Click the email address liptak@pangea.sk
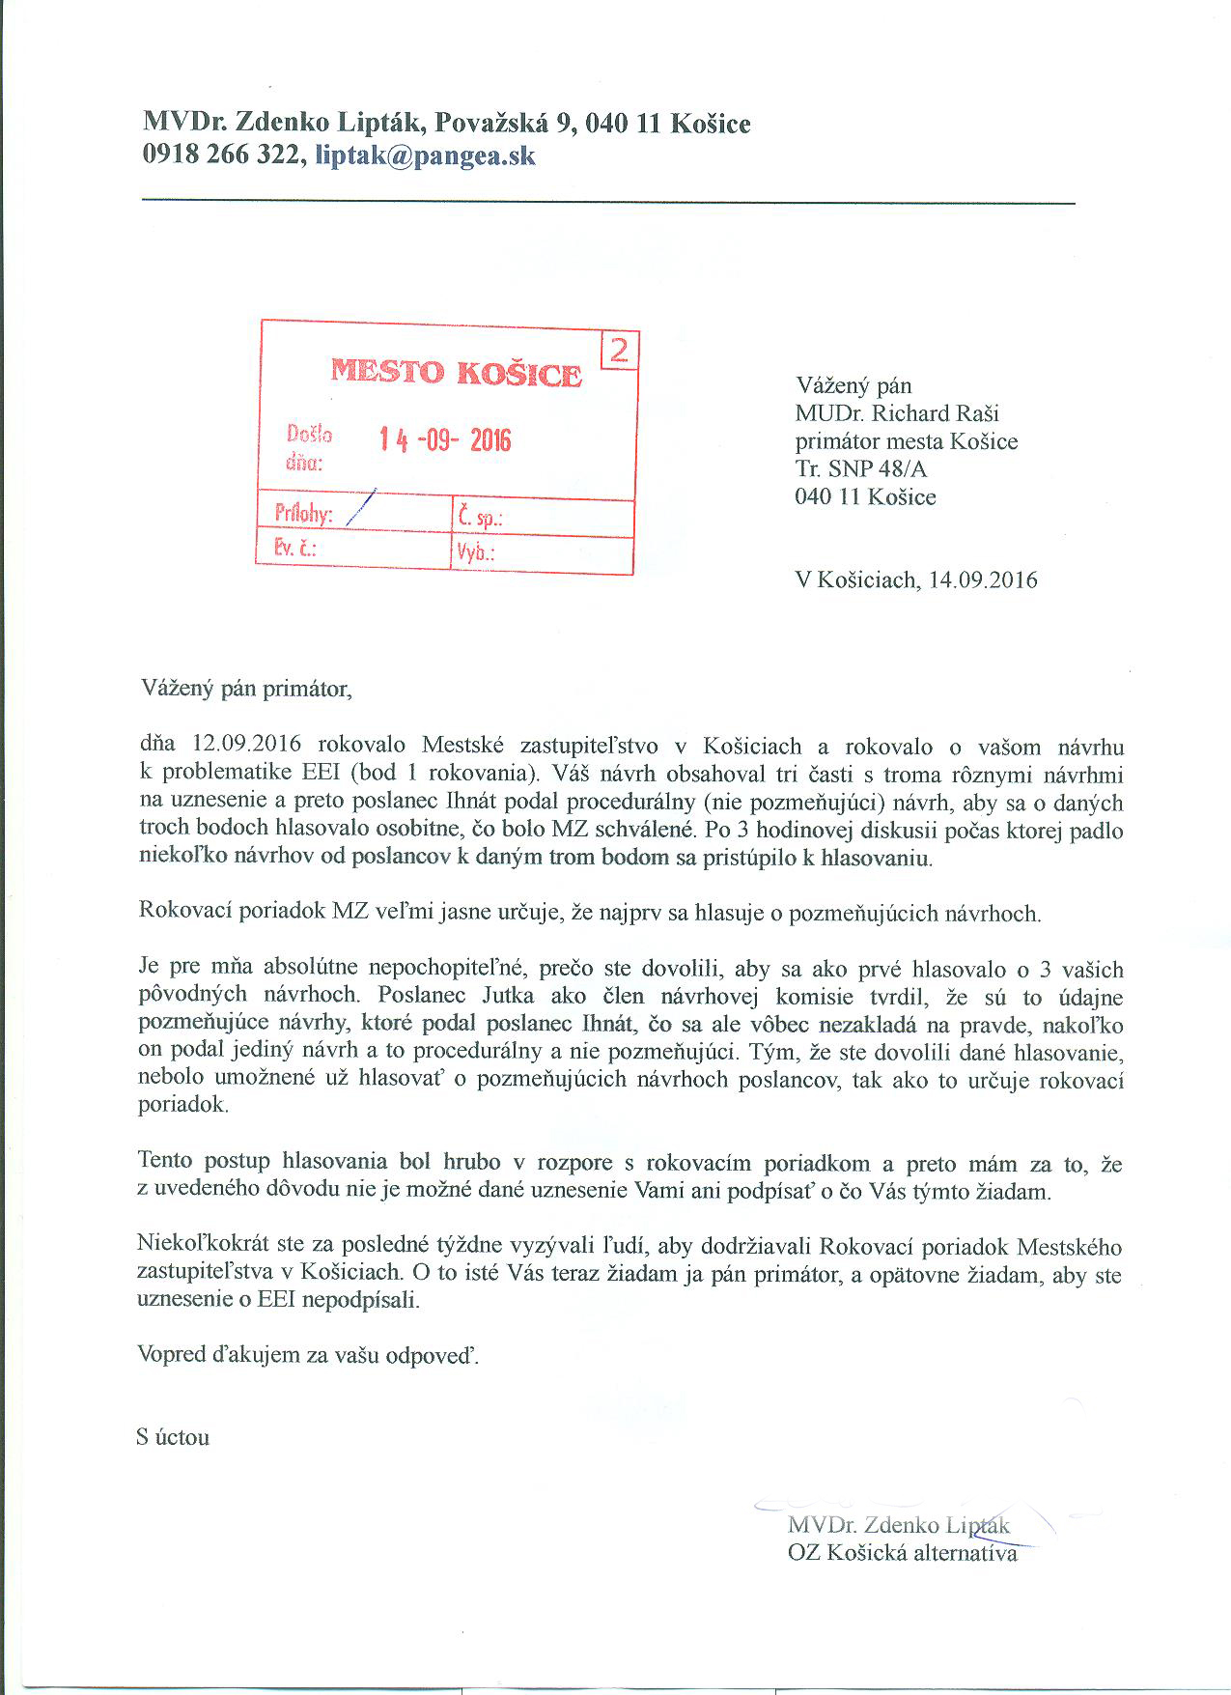pos(426,156)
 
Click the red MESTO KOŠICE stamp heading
pos(456,373)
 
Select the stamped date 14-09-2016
pos(444,440)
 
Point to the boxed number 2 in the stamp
pos(619,351)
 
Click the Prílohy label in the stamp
pos(302,515)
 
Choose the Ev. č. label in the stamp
pos(295,550)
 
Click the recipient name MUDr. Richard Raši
pos(897,413)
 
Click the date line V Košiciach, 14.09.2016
pos(915,579)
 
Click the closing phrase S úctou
pos(174,1436)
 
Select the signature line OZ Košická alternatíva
pos(902,1554)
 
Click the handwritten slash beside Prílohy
pos(359,508)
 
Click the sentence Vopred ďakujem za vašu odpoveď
pos(308,1355)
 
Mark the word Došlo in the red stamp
pos(309,434)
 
